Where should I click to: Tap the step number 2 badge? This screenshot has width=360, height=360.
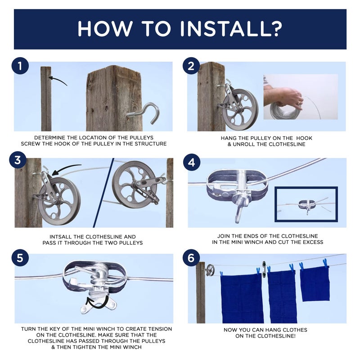191,67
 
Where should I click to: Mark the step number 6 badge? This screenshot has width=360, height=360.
191,258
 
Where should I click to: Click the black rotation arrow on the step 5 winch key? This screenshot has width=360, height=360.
97,303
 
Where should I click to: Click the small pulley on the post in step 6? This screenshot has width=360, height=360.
210,270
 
